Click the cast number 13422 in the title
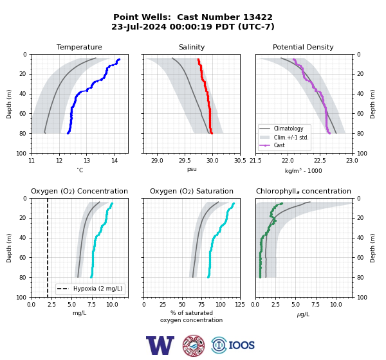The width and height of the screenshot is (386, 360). click(x=258, y=17)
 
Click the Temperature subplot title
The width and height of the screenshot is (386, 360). click(x=79, y=47)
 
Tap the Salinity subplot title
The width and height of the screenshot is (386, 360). click(x=192, y=47)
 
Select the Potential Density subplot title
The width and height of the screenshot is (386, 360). click(x=303, y=47)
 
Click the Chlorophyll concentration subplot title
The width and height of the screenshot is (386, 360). click(x=303, y=191)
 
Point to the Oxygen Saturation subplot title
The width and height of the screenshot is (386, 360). click(x=192, y=191)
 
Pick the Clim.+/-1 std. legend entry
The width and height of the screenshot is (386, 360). click(x=284, y=138)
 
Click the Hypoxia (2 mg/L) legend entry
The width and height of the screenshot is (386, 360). click(x=90, y=289)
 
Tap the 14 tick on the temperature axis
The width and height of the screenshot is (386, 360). click(x=115, y=161)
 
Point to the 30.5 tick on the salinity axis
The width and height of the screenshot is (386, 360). click(x=240, y=161)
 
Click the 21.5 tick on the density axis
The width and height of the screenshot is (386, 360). click(x=255, y=161)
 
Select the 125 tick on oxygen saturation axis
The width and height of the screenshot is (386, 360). click(x=240, y=305)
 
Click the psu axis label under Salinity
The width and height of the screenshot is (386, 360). click(x=192, y=170)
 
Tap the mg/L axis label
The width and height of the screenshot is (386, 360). click(x=79, y=313)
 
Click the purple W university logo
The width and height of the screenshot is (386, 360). click(x=160, y=345)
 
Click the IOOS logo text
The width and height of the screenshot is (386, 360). click(x=241, y=345)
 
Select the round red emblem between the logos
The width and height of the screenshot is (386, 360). click(x=194, y=345)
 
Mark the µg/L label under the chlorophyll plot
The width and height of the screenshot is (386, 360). click(x=303, y=314)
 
